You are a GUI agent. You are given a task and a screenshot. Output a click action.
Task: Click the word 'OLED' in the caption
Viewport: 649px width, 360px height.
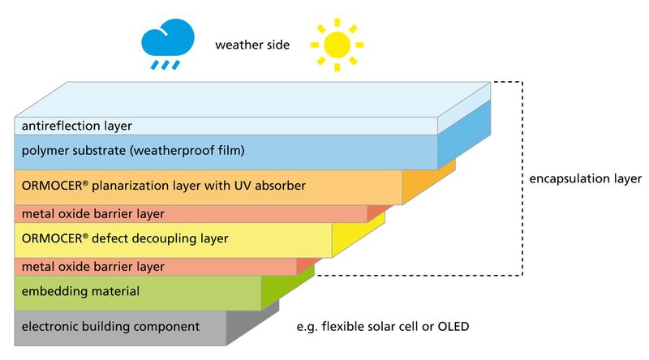[452, 327]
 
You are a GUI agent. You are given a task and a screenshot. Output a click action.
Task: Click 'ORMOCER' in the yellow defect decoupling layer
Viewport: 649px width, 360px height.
[48, 238]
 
